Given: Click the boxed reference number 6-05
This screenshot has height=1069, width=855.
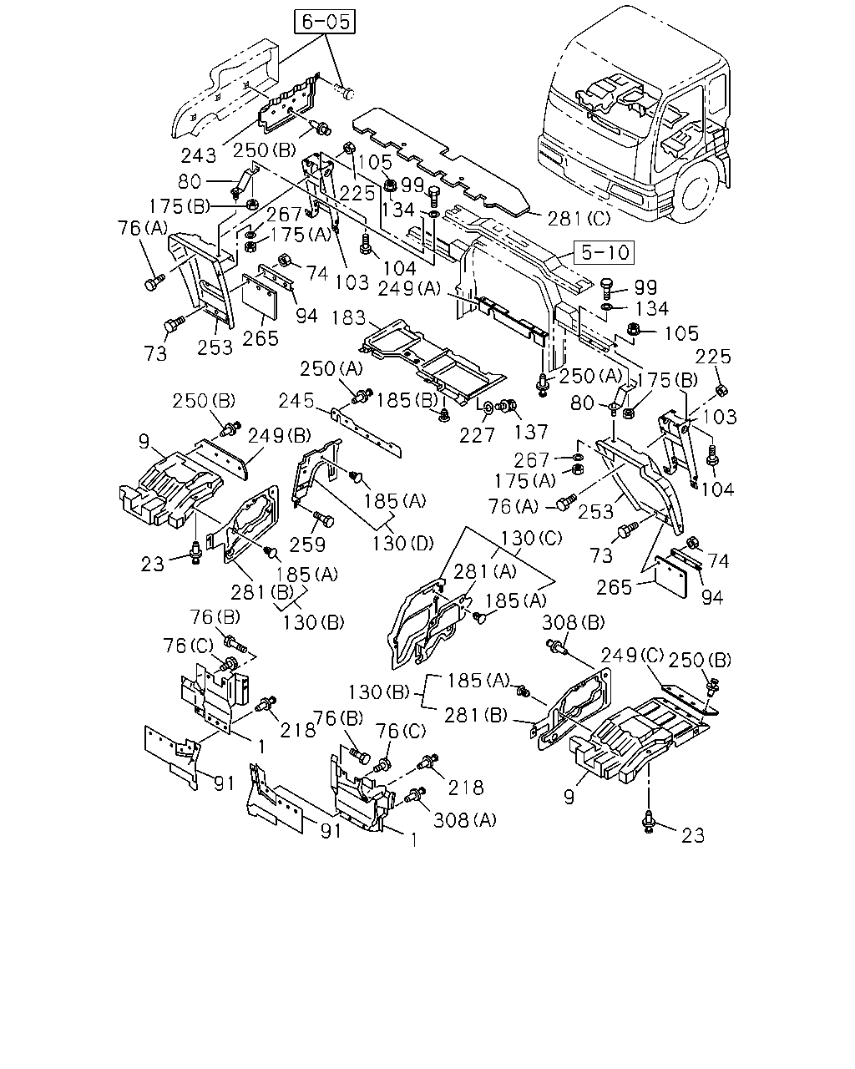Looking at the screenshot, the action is click(x=325, y=22).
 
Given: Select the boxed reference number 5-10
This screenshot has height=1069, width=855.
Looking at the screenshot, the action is click(x=605, y=252).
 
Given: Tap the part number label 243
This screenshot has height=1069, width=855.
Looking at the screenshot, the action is click(x=199, y=156).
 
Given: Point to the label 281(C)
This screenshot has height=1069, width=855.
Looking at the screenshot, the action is click(x=579, y=218).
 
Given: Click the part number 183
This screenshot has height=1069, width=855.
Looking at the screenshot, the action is click(x=349, y=318).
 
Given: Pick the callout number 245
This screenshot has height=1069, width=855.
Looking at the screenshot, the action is click(x=296, y=401).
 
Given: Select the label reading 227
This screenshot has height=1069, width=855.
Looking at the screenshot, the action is click(x=477, y=435).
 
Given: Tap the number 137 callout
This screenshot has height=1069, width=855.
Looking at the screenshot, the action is click(x=531, y=432).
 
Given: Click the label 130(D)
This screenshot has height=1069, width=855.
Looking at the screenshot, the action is click(x=403, y=544).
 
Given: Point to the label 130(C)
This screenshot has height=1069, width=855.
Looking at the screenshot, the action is click(x=531, y=538).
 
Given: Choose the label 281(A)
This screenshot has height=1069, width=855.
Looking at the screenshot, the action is click(x=485, y=572).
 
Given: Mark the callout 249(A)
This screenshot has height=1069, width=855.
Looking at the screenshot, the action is click(x=409, y=289).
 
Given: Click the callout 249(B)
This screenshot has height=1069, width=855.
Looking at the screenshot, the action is click(x=279, y=436).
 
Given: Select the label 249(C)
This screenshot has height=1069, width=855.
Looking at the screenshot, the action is click(x=632, y=656).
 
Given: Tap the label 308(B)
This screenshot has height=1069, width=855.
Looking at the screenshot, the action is click(x=573, y=622).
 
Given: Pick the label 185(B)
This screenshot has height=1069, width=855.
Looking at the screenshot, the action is click(x=407, y=400).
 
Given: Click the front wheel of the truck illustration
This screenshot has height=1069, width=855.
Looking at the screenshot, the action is click(x=697, y=187).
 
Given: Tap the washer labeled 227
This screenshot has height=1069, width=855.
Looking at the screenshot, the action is click(x=487, y=408).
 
